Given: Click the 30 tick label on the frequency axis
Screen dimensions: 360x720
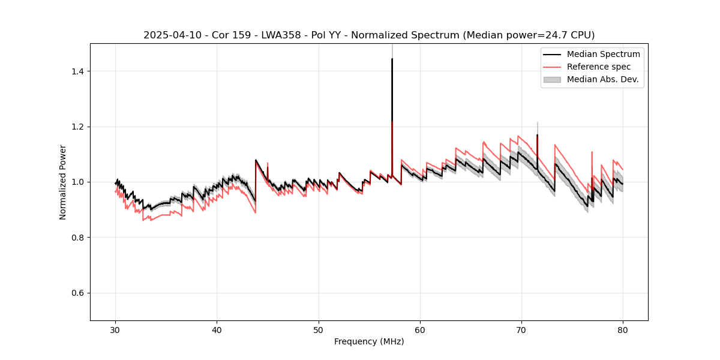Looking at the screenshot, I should [115, 330].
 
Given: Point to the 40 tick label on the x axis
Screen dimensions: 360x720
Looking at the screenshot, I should [217, 330].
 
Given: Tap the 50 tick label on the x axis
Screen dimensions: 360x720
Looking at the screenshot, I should [318, 330].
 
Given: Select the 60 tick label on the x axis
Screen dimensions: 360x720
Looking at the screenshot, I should [420, 330].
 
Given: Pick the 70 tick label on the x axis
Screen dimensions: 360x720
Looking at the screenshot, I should [521, 330].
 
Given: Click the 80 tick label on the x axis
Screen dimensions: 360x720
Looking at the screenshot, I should [623, 330].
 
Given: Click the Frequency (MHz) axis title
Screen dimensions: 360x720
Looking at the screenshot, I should [369, 342].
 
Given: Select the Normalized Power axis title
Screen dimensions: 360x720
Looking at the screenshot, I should [62, 182].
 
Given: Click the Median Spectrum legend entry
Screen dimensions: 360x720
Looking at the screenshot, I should [603, 54].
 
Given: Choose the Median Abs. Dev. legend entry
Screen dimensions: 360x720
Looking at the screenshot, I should [602, 79].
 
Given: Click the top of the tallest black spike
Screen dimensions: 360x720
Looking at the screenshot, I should [392, 59].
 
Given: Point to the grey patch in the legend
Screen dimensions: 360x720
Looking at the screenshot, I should [552, 79].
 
